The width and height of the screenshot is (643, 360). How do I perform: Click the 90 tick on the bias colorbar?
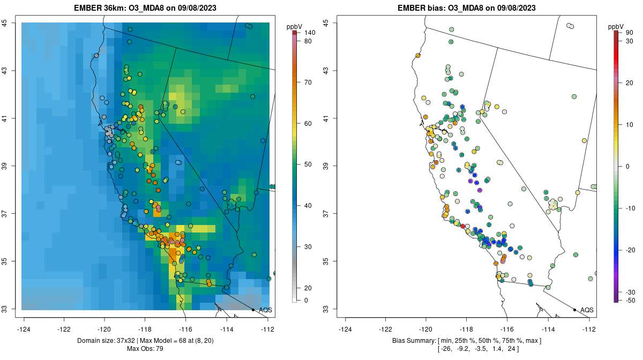click(x=630, y=33)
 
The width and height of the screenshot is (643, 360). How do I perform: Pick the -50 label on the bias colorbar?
click(x=631, y=300)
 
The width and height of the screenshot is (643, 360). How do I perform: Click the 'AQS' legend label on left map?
click(x=266, y=310)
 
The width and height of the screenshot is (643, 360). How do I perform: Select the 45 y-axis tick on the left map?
click(x=11, y=22)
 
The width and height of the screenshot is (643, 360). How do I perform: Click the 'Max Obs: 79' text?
click(x=145, y=349)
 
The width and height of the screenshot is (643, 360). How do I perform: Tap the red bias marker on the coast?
click(x=463, y=227)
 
